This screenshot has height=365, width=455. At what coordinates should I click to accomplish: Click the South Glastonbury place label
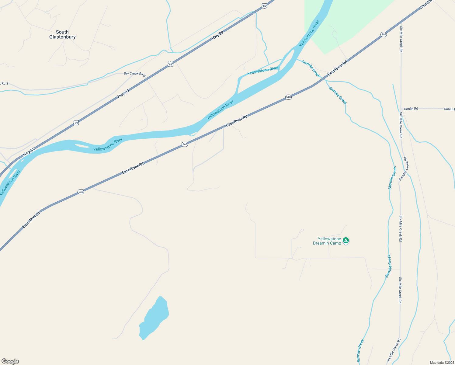62,34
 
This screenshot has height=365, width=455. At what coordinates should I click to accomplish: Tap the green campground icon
346,241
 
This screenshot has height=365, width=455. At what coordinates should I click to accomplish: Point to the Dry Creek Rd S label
135,74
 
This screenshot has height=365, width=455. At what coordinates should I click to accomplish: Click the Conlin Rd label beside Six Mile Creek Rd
411,109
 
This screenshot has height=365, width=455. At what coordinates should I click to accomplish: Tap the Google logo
10,361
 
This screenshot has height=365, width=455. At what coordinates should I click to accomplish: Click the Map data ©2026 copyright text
442,363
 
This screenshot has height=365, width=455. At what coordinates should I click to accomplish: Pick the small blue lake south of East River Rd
155,318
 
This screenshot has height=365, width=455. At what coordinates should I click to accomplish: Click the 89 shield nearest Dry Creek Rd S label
170,64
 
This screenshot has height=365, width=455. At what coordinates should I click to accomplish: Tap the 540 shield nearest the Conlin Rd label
384,34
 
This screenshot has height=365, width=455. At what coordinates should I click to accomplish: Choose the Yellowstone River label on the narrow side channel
262,71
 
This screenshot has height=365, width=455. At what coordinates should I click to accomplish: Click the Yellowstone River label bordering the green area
309,33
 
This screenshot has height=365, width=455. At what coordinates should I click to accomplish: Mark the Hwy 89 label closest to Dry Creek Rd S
123,94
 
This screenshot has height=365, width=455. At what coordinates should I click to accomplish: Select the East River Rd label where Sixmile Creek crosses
337,68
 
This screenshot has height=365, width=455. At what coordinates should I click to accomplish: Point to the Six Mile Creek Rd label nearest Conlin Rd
401,125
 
